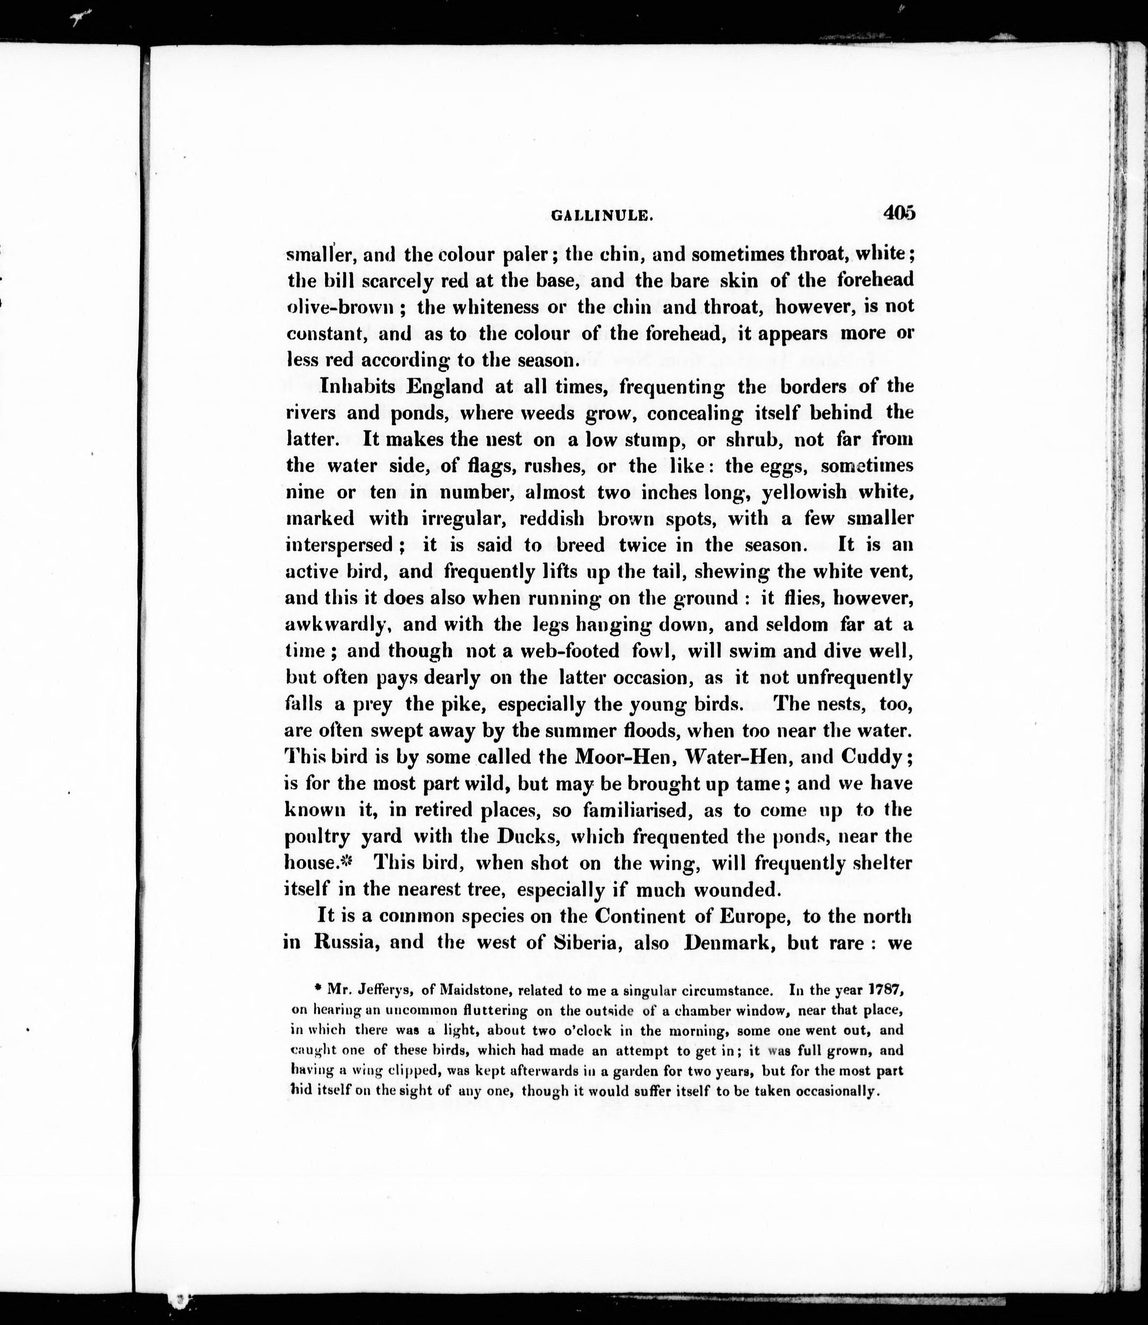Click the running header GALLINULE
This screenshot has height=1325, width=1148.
tap(602, 217)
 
